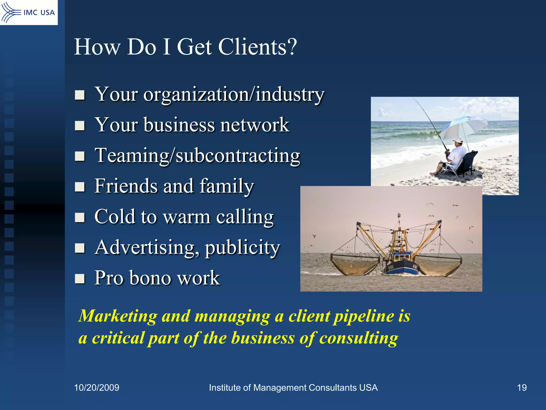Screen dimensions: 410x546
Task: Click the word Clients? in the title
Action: [257, 47]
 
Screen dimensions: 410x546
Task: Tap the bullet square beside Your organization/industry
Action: [80, 95]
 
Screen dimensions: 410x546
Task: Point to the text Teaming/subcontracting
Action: [197, 156]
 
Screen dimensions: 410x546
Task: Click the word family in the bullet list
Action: [227, 186]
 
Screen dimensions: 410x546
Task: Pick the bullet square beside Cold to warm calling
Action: [80, 217]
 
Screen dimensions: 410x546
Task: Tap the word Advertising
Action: [147, 247]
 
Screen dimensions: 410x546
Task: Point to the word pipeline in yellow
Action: [364, 317]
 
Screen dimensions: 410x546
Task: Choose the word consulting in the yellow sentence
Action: [359, 338]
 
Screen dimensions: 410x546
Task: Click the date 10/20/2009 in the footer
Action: [97, 388]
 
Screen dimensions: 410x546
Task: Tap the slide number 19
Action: [522, 388]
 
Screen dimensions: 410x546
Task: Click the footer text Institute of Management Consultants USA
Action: [293, 388]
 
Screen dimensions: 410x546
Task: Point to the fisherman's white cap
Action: [458, 140]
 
